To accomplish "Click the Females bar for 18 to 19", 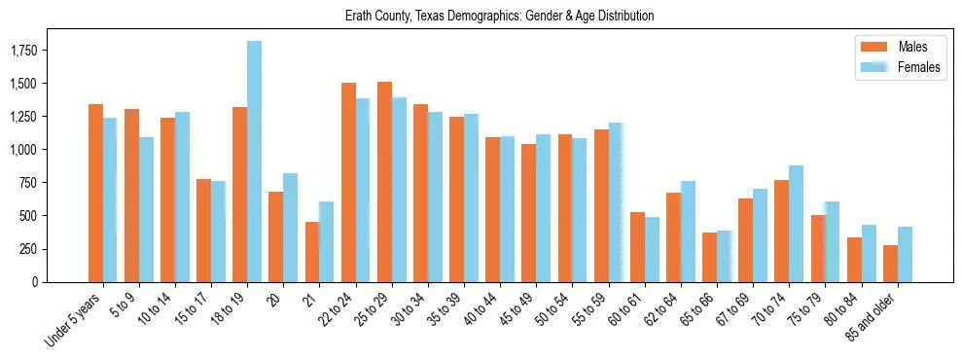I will tap(254, 162).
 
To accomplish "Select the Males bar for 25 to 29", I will tap(384, 182).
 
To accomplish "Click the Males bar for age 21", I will tap(312, 252).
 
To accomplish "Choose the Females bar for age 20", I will tap(290, 228).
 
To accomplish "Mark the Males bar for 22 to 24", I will tap(348, 182).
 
